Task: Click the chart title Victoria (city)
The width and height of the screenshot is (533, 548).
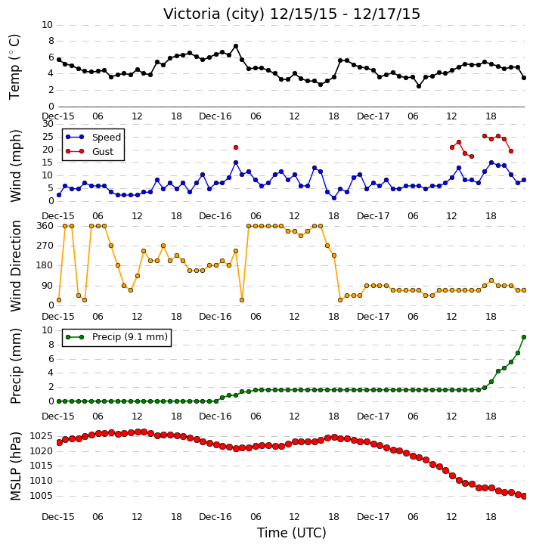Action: [x=213, y=14]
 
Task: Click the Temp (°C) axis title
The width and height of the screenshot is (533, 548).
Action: [x=14, y=67]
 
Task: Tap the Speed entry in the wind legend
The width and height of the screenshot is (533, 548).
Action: [x=107, y=138]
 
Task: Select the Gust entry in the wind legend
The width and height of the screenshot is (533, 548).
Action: [x=103, y=152]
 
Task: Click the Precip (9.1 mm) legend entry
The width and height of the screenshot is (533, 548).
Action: [x=130, y=337]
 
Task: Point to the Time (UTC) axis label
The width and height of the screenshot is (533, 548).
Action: [x=292, y=533]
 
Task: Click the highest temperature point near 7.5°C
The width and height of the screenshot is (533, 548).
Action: [x=236, y=46]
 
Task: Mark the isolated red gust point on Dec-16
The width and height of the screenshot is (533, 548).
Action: [x=236, y=147]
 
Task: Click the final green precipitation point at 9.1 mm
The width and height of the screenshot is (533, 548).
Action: [x=524, y=337]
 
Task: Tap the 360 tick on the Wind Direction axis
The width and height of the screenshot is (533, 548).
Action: [x=45, y=226]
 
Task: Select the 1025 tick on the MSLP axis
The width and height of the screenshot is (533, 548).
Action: [x=42, y=436]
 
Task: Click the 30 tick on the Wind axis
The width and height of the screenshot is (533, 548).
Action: [x=48, y=124]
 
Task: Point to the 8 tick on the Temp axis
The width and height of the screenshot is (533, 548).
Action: [x=51, y=42]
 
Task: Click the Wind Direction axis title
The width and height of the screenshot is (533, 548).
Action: [x=16, y=266]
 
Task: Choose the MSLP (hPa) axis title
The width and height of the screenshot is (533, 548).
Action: [x=15, y=466]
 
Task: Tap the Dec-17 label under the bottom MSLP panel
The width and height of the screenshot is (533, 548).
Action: [x=373, y=517]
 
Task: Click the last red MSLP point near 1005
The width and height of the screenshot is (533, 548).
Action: [x=524, y=497]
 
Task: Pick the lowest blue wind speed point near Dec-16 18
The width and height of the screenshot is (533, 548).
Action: [x=334, y=198]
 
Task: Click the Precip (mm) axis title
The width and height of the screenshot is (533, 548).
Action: [x=16, y=367]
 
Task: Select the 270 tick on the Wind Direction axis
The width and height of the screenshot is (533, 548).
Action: [x=45, y=246]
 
